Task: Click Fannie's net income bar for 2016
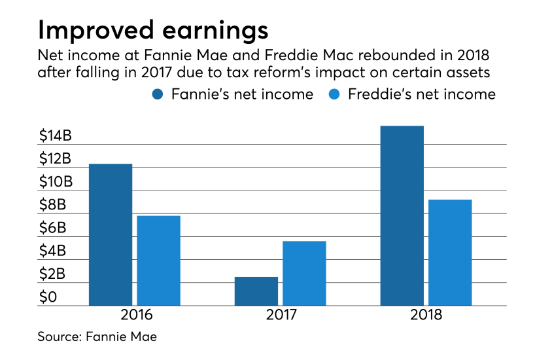(111, 234)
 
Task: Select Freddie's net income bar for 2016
(158, 261)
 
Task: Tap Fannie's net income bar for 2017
(256, 291)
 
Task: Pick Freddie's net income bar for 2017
(304, 273)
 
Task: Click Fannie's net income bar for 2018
(402, 215)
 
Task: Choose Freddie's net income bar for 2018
(450, 252)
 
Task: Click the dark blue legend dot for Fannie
(158, 94)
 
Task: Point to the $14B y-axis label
(56, 136)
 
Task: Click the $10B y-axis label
(56, 182)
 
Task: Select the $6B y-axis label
(53, 228)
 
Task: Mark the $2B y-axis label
(53, 274)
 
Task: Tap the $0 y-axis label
(48, 297)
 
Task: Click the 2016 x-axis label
(136, 315)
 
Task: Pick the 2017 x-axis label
(281, 315)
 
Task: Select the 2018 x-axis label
(426, 315)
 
